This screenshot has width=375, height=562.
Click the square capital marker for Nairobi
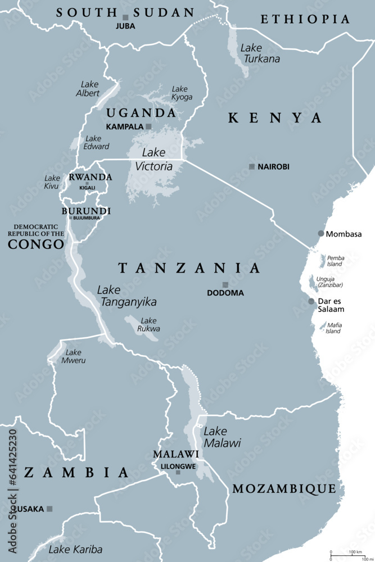tap(252, 166)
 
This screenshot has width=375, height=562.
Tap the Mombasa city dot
tap(321, 233)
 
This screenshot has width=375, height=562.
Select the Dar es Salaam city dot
tap(311, 301)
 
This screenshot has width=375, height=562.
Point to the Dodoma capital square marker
tap(225, 285)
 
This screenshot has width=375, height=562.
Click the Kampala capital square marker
tap(148, 126)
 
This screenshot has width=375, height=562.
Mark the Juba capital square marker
tap(125, 17)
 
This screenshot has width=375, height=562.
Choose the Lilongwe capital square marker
tap(178, 472)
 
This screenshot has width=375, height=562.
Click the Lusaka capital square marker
tap(49, 509)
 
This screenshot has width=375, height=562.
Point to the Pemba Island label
tap(335, 260)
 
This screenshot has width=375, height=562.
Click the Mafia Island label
tap(333, 328)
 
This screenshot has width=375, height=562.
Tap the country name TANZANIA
tap(189, 268)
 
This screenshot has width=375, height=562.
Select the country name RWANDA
tap(90, 177)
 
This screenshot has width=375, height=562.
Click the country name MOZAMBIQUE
tap(284, 488)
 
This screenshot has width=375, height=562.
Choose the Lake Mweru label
tap(74, 356)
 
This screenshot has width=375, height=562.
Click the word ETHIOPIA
tap(305, 19)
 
